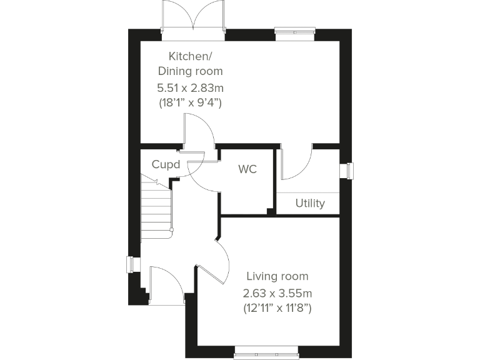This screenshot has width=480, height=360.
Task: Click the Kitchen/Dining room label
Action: [x=190, y=64]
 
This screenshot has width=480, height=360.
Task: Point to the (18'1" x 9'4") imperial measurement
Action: [x=190, y=101]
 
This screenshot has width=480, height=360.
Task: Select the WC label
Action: [x=247, y=169]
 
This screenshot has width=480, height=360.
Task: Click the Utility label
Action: [x=310, y=203]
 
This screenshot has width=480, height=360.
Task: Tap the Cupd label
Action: [x=166, y=165]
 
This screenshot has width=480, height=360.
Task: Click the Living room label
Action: [x=277, y=276]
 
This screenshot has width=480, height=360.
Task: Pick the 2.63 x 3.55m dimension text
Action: [x=277, y=292]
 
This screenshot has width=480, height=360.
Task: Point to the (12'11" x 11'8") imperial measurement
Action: [x=277, y=307]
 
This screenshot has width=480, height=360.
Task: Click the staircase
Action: [x=156, y=206]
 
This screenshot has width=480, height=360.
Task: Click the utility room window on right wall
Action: [x=346, y=171]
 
